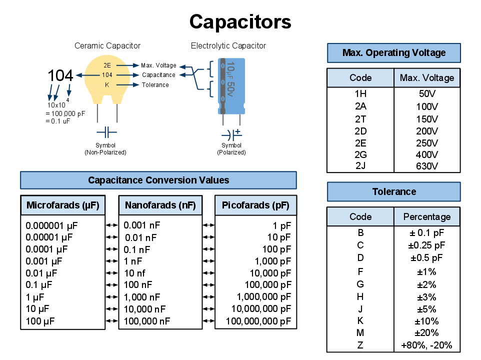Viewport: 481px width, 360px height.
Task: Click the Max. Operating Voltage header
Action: [393, 53]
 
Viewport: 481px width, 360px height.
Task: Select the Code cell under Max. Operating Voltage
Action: [360, 78]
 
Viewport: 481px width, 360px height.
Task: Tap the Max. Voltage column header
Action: [427, 78]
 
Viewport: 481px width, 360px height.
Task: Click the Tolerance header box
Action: [393, 192]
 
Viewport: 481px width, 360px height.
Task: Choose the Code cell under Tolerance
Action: [360, 217]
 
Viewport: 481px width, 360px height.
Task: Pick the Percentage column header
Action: [427, 217]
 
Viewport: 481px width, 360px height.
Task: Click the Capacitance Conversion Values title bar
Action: [158, 180]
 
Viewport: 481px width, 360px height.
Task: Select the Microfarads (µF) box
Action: [63, 205]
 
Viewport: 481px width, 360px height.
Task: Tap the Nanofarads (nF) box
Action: [160, 205]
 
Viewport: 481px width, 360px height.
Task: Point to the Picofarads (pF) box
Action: [255, 205]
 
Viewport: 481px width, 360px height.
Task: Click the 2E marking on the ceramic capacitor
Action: [107, 65]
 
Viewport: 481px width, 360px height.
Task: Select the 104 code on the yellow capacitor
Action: [107, 75]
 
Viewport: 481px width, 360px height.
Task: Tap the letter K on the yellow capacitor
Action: [107, 85]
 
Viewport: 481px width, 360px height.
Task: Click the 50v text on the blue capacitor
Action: [230, 89]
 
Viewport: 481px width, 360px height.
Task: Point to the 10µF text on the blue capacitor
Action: [230, 70]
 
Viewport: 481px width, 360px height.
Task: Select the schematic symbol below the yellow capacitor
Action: [106, 132]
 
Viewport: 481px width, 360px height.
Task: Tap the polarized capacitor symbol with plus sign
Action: [232, 134]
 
